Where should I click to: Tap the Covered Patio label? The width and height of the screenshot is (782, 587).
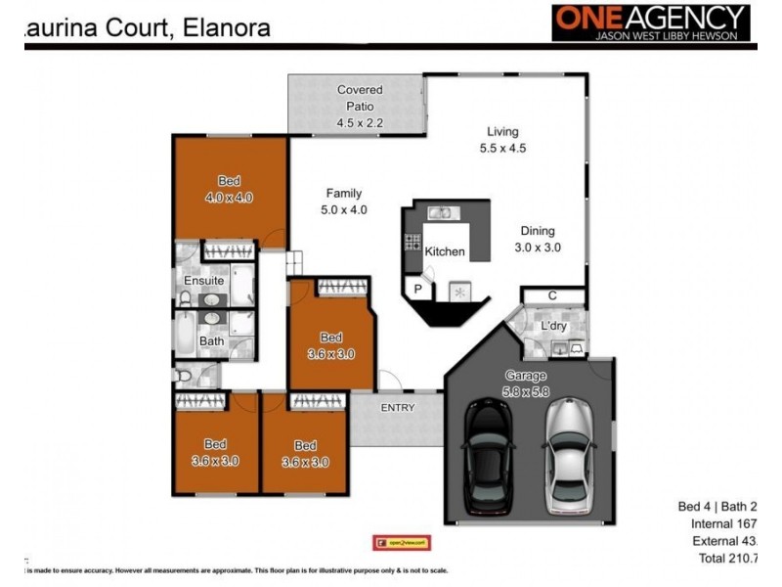tap(360, 106)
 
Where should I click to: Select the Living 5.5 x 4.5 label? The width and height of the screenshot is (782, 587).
tap(503, 140)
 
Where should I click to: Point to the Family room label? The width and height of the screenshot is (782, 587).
tap(343, 201)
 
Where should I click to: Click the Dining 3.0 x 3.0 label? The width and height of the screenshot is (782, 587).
tap(538, 240)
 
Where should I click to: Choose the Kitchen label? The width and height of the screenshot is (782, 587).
tap(445, 252)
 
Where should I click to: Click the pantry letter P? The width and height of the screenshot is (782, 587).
tap(417, 290)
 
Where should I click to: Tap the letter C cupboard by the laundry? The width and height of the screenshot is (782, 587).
tap(552, 295)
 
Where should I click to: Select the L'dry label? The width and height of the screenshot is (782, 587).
tap(554, 325)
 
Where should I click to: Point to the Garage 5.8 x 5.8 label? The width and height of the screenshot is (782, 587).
tap(526, 383)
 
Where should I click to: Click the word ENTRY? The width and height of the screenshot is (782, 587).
tap(398, 408)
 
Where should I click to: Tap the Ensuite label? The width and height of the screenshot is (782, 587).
tap(204, 281)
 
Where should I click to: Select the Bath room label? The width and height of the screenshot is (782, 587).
tap(212, 341)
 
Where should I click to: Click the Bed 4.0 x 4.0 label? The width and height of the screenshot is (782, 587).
tap(229, 189)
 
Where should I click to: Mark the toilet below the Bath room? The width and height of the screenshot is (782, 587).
tap(183, 376)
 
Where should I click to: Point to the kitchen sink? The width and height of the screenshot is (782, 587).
tap(439, 211)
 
